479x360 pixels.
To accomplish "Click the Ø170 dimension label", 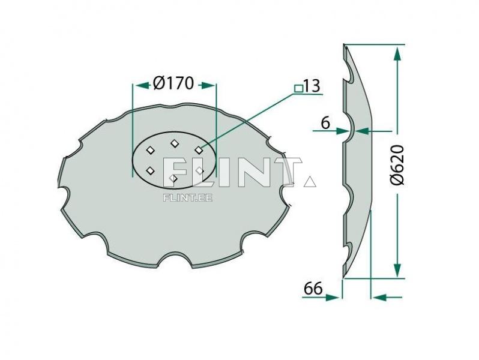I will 173,83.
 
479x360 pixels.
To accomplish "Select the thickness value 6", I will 325,122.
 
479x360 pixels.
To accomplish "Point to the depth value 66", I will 312,289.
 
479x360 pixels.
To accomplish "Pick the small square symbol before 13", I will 298,88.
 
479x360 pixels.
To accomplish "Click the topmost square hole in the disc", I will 175,143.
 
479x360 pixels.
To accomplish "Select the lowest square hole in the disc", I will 173,178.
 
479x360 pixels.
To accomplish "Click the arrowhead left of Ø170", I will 140,85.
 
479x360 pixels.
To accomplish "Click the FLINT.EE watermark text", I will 188,196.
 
